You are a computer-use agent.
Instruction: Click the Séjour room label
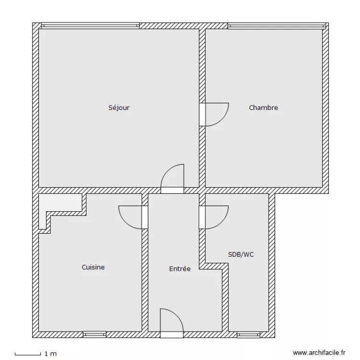pos(119,108)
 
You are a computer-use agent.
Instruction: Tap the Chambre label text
pos(263,108)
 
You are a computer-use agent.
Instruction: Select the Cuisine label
pos(93,267)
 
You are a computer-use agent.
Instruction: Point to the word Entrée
pos(180,269)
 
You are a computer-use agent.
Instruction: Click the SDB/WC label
pos(241,254)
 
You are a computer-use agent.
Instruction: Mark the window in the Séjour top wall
pos(90,26)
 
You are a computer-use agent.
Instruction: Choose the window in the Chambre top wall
pos(276,26)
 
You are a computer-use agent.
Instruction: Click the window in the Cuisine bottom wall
pos(94,334)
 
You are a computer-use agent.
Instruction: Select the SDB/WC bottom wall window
pos(248,334)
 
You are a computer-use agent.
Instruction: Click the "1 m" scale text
pos(50,354)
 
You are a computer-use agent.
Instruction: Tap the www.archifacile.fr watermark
pos(319,352)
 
